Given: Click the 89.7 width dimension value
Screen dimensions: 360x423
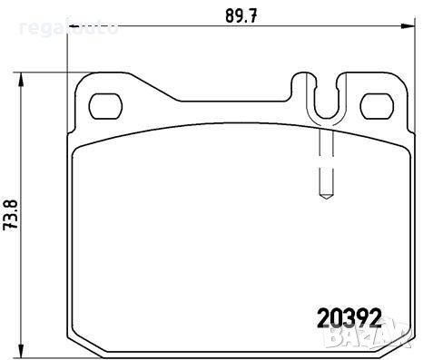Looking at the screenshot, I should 237,15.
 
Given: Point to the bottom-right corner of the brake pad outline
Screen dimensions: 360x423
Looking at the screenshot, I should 409,343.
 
